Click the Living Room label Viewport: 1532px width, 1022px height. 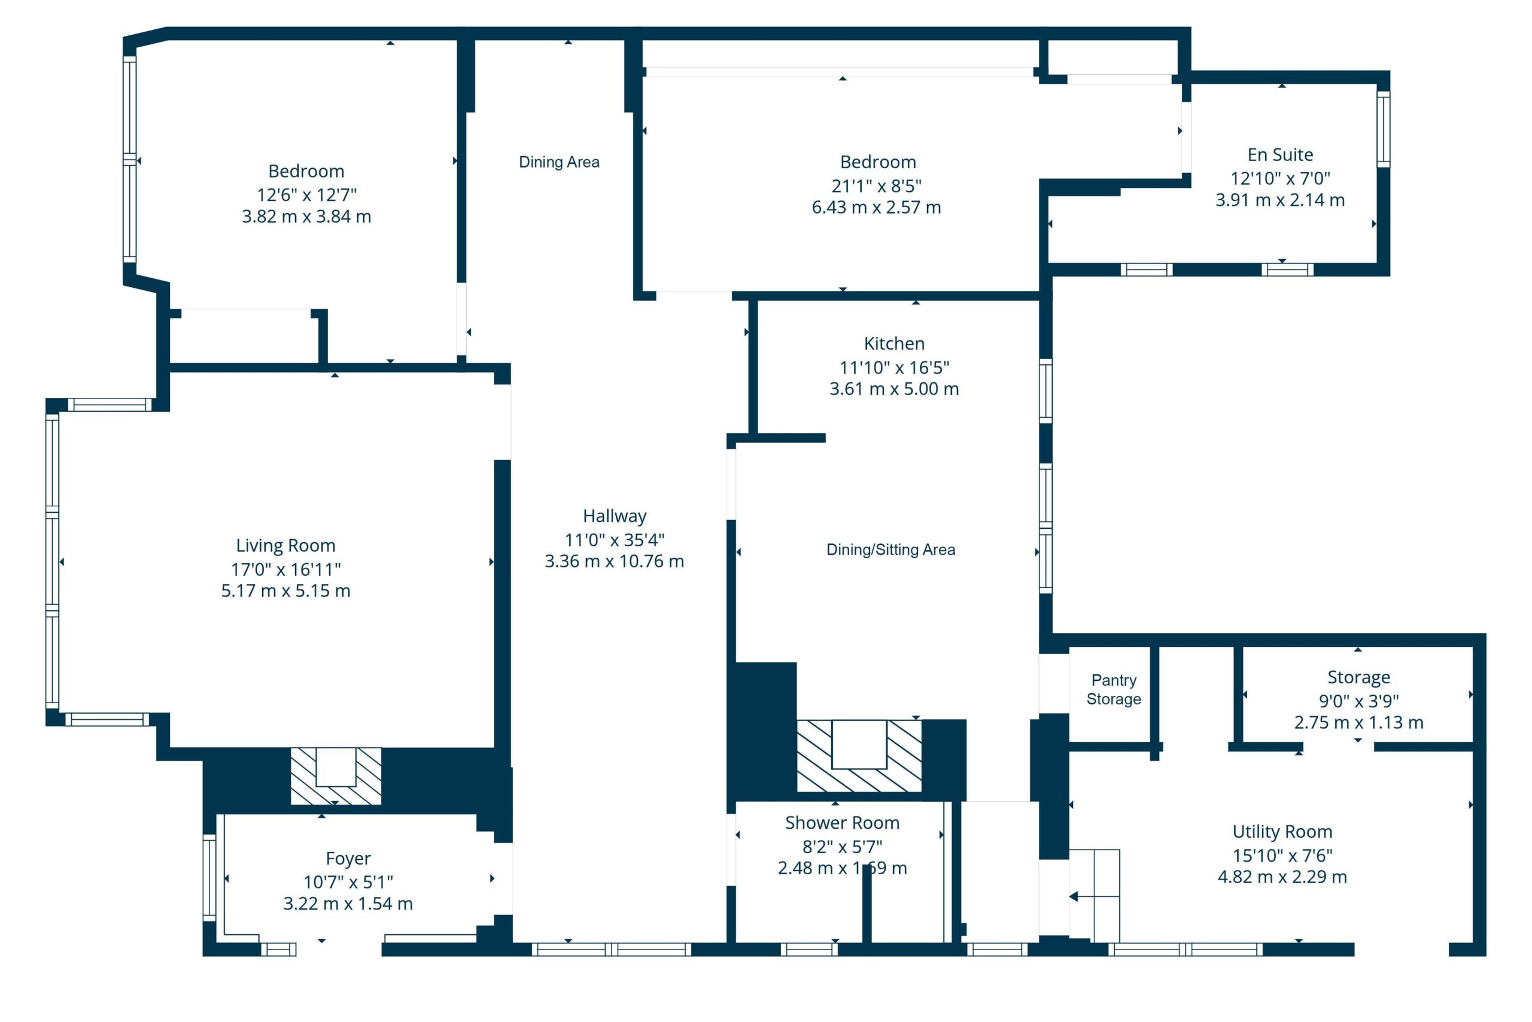click(x=285, y=546)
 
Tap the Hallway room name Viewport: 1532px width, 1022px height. click(x=615, y=516)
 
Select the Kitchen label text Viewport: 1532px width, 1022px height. click(x=894, y=343)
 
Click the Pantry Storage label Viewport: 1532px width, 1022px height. click(x=1114, y=689)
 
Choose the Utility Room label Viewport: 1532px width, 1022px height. click(x=1282, y=832)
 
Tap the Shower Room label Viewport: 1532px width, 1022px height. click(x=842, y=823)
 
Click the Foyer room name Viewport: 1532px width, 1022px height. click(x=348, y=859)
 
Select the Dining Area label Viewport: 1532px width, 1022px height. click(x=559, y=162)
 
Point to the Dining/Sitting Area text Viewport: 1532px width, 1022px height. click(x=890, y=549)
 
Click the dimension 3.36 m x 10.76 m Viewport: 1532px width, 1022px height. click(x=614, y=561)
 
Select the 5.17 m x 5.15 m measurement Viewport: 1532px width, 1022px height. click(x=285, y=591)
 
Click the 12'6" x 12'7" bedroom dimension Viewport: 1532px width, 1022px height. click(x=306, y=195)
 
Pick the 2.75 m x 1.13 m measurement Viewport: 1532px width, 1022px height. click(x=1358, y=723)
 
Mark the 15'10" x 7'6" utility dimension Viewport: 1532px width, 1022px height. click(x=1282, y=855)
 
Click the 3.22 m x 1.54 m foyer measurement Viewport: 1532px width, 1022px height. click(x=348, y=904)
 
